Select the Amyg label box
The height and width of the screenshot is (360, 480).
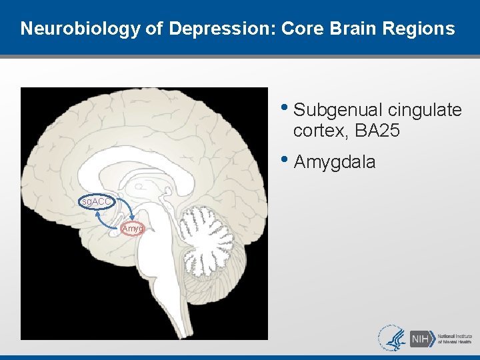[x=133, y=229]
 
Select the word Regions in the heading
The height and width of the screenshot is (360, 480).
[x=422, y=29]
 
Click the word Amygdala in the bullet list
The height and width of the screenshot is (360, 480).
[x=334, y=162]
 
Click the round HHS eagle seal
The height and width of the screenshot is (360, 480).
[x=391, y=338]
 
